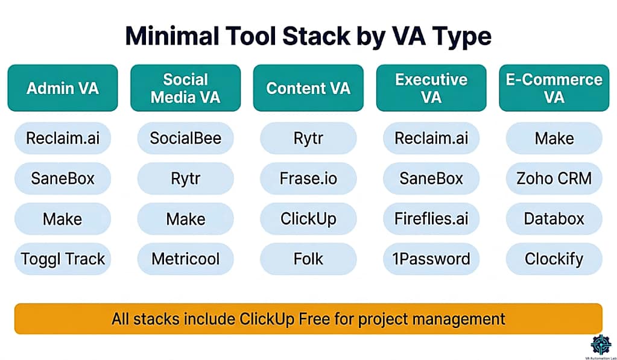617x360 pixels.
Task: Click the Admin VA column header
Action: [63, 88]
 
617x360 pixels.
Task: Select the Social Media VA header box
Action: [185, 88]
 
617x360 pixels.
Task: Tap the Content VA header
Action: [308, 88]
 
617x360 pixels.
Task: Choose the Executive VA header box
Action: [431, 88]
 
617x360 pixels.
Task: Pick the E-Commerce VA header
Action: [554, 88]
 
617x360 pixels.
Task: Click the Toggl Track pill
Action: [63, 259]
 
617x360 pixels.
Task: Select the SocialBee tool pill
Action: [185, 138]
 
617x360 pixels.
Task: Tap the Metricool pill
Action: [185, 259]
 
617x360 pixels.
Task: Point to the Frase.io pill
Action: [308, 178]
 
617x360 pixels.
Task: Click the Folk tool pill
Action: [308, 259]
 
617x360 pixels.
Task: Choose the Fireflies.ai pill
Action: [431, 218]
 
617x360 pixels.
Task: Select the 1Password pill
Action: [431, 259]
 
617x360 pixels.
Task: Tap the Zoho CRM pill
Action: [554, 178]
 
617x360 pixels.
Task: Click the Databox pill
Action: [554, 218]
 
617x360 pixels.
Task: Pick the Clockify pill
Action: [554, 259]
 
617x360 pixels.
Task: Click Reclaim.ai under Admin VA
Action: [63, 138]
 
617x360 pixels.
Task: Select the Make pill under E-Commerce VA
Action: [554, 138]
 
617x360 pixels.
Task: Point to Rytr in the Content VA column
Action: [308, 138]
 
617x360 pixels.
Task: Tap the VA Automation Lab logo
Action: [601, 345]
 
